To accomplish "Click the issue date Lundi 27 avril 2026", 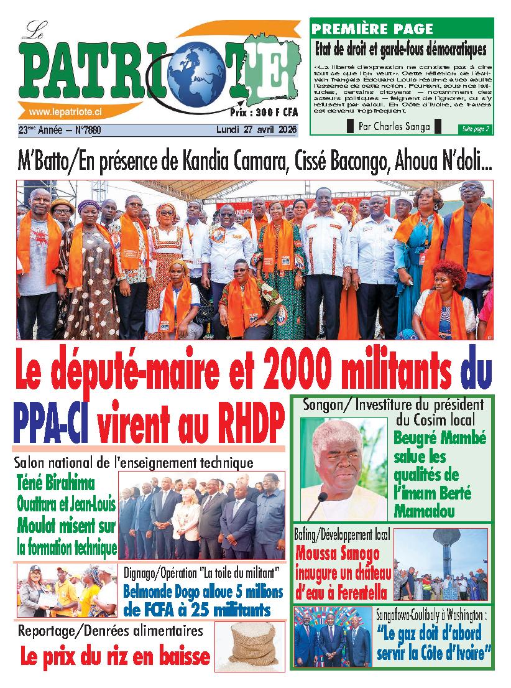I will [256, 130].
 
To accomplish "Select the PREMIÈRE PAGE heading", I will [372, 29].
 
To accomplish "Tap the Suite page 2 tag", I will [476, 129].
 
